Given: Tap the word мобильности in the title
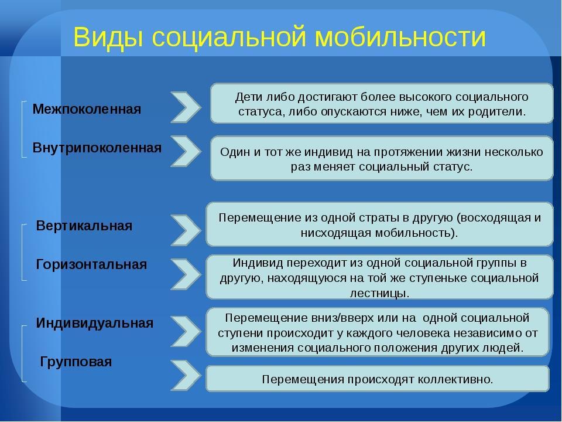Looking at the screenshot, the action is point(400,36).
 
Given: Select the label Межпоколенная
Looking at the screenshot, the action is point(87,109).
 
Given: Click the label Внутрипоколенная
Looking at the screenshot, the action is point(97,148).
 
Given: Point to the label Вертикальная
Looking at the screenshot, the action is point(84,226).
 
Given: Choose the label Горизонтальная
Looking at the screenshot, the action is point(91,264).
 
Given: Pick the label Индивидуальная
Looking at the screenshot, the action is point(95,323).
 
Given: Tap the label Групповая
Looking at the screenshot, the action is point(76,362).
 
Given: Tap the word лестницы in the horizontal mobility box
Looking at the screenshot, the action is point(379,293).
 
